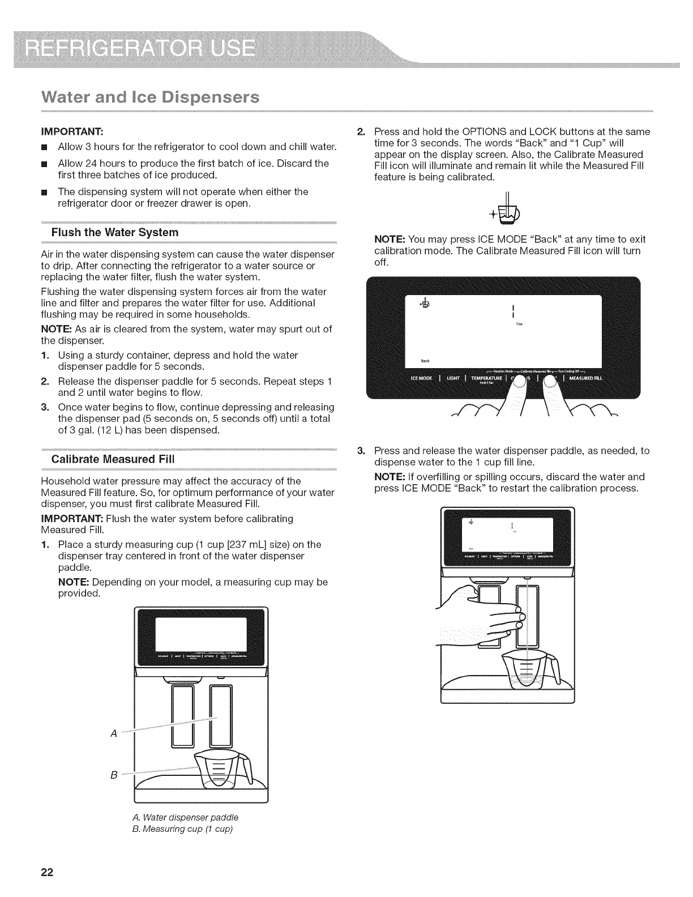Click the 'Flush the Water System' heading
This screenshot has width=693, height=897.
(115, 232)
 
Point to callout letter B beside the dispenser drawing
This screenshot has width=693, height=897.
(114, 774)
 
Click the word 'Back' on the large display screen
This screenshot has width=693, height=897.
(425, 361)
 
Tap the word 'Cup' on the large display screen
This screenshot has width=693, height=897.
(519, 324)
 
